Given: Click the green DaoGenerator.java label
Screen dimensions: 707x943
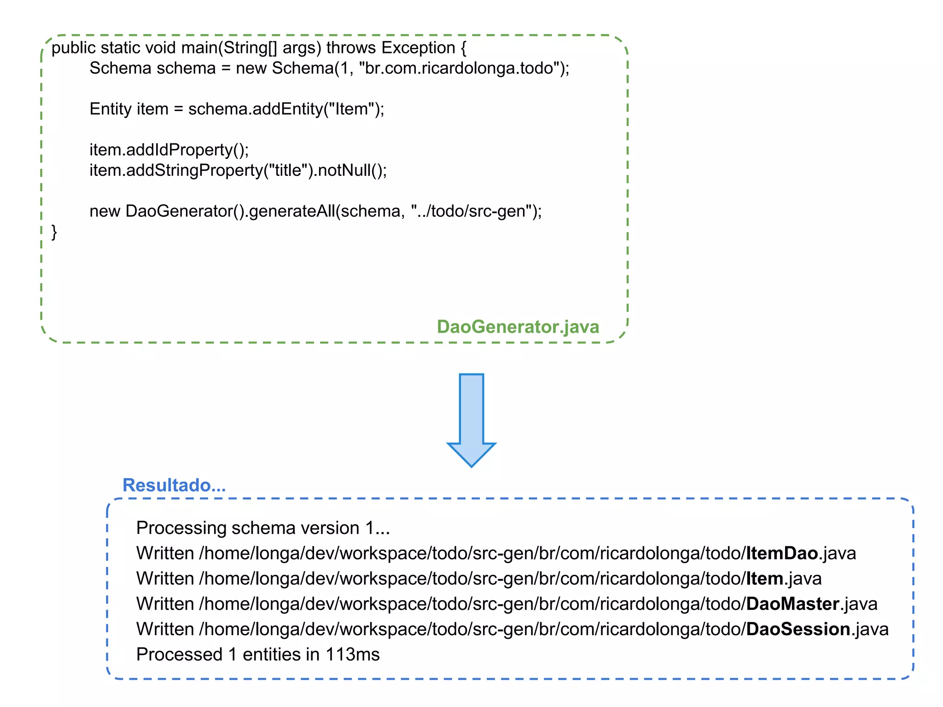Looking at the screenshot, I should [x=518, y=327].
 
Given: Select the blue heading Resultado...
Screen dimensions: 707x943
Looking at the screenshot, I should [x=174, y=485].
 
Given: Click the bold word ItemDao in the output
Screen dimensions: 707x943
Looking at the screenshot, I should [x=781, y=553].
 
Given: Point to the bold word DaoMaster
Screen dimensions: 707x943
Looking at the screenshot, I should [x=792, y=604].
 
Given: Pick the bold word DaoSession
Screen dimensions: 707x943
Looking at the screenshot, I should [x=798, y=629].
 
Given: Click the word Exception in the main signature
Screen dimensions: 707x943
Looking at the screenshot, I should [x=418, y=48].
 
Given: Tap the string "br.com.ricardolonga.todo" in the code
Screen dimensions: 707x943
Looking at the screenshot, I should [x=461, y=68].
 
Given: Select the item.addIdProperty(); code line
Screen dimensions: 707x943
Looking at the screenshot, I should [x=169, y=150].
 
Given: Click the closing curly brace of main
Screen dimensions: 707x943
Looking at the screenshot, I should [x=54, y=232].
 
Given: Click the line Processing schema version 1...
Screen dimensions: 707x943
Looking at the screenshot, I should [x=263, y=528].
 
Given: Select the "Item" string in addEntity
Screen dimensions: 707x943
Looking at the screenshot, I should [x=350, y=109].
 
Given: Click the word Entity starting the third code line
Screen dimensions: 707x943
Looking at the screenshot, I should [x=111, y=109].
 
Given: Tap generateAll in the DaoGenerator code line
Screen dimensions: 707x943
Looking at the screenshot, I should [x=292, y=211].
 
